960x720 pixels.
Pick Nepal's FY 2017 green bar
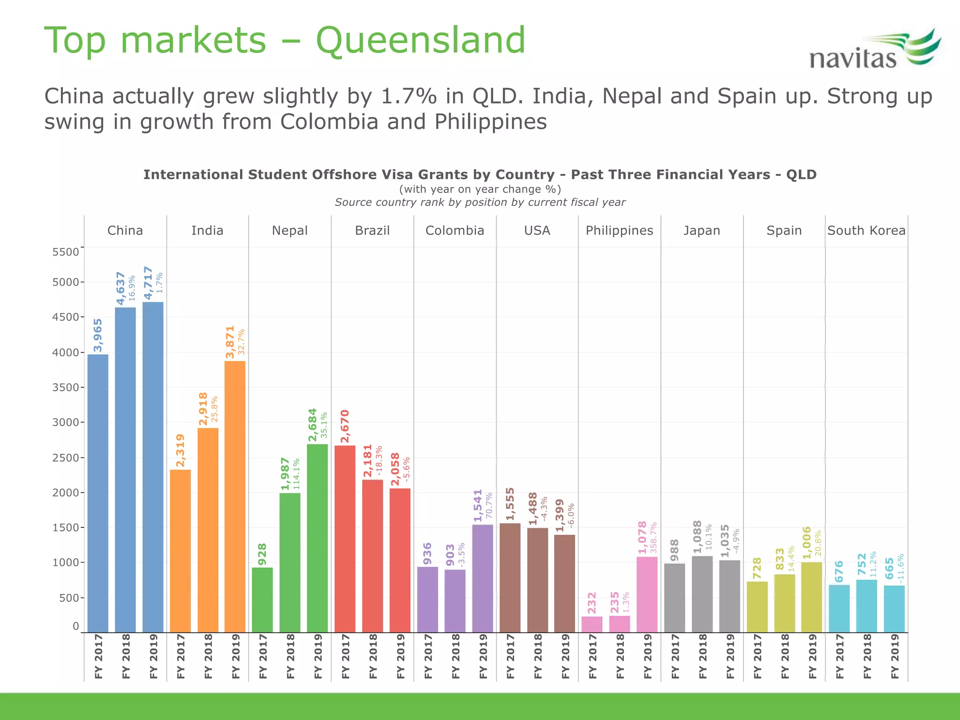(x=262, y=600)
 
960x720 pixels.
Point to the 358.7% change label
(x=654, y=537)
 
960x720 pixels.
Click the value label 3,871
(x=230, y=342)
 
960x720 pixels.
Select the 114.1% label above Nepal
(x=296, y=474)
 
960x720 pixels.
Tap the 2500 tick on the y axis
(x=66, y=457)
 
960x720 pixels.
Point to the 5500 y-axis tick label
(x=66, y=252)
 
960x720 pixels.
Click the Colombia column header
(x=454, y=231)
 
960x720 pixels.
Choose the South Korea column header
(x=866, y=231)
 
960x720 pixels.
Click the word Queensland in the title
(x=420, y=40)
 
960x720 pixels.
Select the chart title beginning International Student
(x=480, y=174)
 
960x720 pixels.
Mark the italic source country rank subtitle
(x=480, y=202)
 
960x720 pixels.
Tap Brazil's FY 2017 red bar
(x=345, y=539)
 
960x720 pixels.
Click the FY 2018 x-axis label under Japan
(x=702, y=656)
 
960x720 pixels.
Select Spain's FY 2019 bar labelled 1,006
(x=811, y=597)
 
